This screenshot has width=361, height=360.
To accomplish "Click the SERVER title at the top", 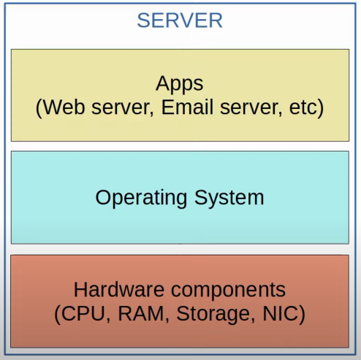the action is [x=180, y=20].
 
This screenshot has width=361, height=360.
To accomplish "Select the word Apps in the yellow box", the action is [x=180, y=85].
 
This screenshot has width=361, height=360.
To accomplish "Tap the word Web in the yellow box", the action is [x=64, y=107].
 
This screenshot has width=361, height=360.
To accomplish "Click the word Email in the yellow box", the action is [x=187, y=107].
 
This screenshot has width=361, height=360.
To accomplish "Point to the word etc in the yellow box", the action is [x=303, y=108].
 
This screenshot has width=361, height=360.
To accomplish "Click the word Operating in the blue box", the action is [x=141, y=198].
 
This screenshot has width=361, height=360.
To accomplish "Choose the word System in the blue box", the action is [x=229, y=198].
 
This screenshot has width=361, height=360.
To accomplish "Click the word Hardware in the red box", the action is [x=119, y=290].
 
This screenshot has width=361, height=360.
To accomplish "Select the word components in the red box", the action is [x=228, y=291].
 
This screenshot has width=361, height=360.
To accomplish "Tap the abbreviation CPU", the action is [x=83, y=313].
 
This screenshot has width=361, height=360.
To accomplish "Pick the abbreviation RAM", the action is [x=141, y=313].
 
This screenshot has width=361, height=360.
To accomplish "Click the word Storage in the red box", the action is [x=213, y=315].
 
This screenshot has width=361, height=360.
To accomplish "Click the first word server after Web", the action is [x=121, y=108].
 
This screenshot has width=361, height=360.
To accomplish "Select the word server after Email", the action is [x=249, y=108].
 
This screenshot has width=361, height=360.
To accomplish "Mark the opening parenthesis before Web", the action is [x=39, y=108].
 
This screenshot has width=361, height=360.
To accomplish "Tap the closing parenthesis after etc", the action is [x=320, y=108].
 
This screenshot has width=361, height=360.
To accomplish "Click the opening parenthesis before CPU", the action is [x=58, y=315].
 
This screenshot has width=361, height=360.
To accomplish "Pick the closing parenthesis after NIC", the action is [x=302, y=315].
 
